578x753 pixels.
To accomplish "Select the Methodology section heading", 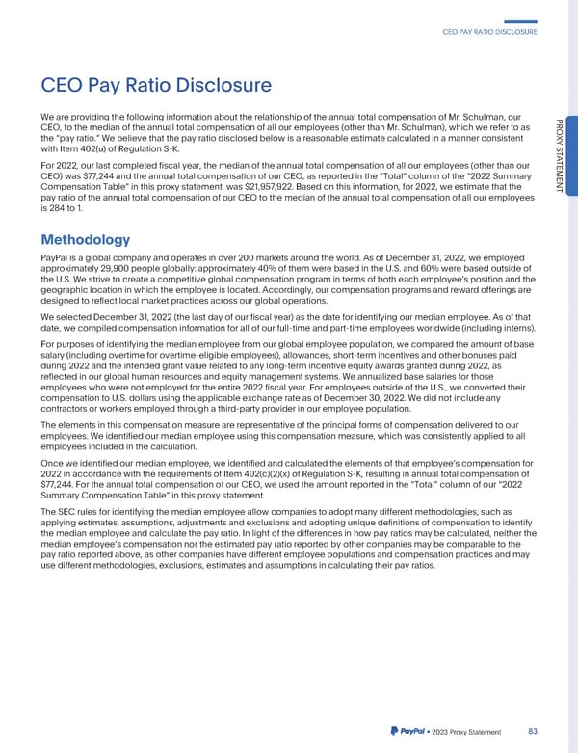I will pyautogui.click(x=92, y=239).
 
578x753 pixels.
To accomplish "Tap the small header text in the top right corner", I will pyautogui.click(x=488, y=33).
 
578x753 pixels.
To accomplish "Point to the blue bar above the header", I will pyautogui.click(x=520, y=21).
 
